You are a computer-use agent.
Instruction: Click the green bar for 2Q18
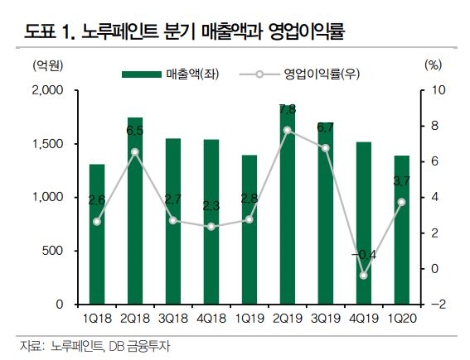134,210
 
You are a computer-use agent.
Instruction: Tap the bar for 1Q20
401,229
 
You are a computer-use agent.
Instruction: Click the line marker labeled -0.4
363,275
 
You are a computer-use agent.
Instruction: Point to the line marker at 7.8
287,130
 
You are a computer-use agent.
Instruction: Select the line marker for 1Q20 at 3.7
401,202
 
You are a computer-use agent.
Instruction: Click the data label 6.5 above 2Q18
134,131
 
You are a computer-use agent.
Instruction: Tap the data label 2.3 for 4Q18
211,206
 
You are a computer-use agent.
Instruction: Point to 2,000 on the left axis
47,90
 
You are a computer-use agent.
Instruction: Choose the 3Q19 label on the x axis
325,319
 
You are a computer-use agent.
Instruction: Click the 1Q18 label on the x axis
96,319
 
